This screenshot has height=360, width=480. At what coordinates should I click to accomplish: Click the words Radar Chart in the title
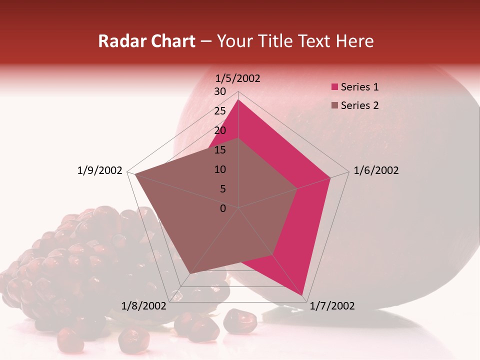(x=146, y=41)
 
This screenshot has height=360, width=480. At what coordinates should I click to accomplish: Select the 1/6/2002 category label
(x=376, y=170)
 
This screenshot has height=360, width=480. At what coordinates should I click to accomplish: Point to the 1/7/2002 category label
(x=332, y=305)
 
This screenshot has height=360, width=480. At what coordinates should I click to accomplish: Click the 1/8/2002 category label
(x=144, y=305)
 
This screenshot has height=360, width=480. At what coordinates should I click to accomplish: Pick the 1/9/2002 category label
(x=100, y=170)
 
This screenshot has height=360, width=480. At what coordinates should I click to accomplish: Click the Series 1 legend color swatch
(x=334, y=87)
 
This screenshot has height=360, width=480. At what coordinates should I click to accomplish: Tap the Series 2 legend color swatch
(x=334, y=105)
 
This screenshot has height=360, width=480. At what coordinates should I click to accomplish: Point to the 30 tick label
(x=220, y=91)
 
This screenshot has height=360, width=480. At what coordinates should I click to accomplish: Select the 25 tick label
(x=220, y=111)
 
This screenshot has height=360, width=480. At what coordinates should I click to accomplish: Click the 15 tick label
(x=220, y=150)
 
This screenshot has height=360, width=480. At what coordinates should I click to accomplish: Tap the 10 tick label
(x=220, y=169)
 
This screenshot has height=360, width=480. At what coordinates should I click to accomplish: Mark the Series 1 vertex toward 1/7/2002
(x=302, y=295)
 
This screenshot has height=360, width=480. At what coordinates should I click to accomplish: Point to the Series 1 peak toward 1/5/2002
(x=238, y=100)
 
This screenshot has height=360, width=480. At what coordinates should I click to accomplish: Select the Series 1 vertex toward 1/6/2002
(x=330, y=177)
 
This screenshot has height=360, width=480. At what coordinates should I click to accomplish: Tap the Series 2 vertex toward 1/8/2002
(x=189, y=274)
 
